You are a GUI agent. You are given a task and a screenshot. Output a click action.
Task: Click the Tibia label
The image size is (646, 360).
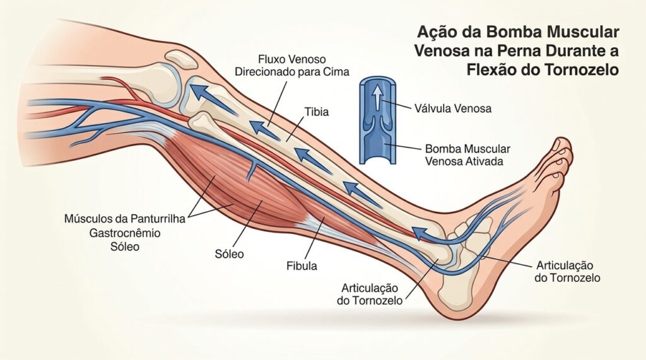pos(317,112)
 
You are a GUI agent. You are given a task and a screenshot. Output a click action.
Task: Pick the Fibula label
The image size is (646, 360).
pos(302,266)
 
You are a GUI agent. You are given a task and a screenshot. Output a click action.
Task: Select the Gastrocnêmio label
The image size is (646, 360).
pos(125,233)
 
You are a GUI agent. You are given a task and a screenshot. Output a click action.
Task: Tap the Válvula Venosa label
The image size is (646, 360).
pos(453,108)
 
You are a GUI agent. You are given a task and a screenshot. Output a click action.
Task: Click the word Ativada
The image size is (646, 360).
pos(484,161)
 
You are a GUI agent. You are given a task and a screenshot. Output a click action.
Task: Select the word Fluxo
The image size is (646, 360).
pos(271,59)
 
